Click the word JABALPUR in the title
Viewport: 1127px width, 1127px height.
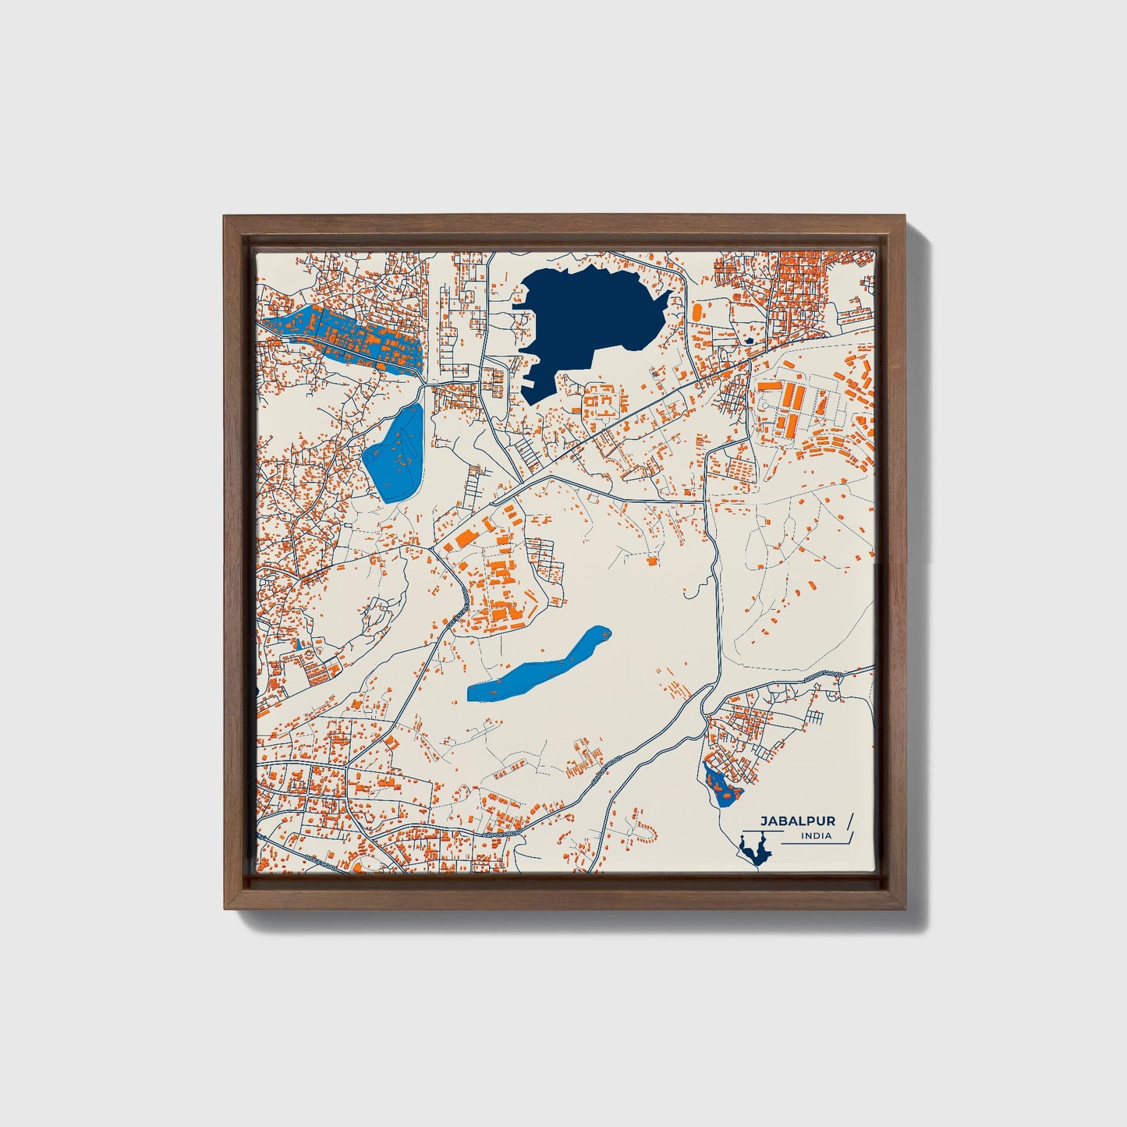point(798,821)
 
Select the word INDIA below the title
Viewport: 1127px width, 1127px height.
point(816,836)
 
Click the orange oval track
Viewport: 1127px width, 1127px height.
point(696,310)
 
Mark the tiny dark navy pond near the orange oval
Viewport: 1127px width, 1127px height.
point(749,340)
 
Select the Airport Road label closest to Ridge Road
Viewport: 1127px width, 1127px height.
point(499,836)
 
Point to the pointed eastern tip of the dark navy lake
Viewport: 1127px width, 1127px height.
point(672,292)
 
